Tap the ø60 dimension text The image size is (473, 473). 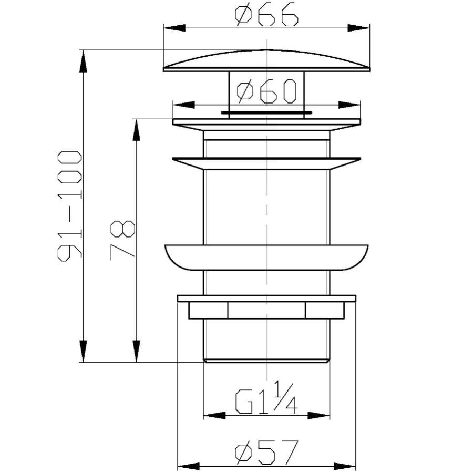[266, 91]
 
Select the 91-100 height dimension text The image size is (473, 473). [70, 206]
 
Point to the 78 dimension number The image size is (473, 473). [123, 240]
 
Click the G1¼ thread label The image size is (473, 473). [266, 397]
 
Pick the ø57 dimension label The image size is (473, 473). [266, 453]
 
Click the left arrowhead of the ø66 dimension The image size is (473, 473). [174, 28]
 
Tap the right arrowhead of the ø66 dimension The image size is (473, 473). [358, 28]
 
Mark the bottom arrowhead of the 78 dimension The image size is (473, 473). [136, 351]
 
